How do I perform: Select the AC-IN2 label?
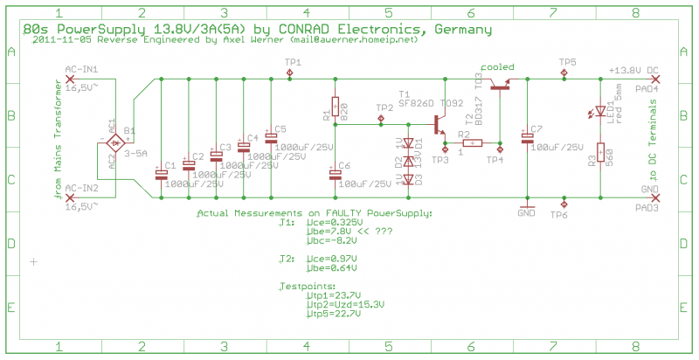point(81,188)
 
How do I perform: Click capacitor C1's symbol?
point(162,173)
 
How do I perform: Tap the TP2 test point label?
point(384,107)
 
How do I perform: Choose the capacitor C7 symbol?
point(528,137)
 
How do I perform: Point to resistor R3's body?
point(600,155)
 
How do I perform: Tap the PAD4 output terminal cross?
point(654,80)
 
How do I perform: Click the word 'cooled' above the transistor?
point(496,66)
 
